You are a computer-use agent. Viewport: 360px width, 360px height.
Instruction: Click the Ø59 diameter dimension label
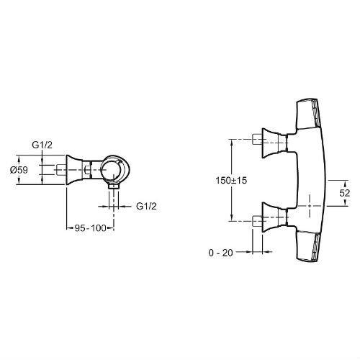pyautogui.click(x=19, y=170)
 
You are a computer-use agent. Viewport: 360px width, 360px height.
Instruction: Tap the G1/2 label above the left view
pyautogui.click(x=42, y=145)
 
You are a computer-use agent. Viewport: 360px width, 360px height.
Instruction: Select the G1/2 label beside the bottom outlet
pyautogui.click(x=146, y=206)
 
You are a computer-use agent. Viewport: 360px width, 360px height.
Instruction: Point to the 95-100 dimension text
pyautogui.click(x=90, y=228)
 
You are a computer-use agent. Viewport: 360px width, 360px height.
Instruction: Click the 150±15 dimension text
pyautogui.click(x=231, y=180)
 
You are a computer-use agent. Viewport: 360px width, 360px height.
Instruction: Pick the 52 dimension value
pyautogui.click(x=345, y=193)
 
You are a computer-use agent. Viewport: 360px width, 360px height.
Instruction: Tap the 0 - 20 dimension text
pyautogui.click(x=221, y=253)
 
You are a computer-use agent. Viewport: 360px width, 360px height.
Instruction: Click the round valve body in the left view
pyautogui.click(x=115, y=170)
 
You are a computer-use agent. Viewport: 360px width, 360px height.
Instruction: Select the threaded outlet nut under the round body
pyautogui.click(x=114, y=186)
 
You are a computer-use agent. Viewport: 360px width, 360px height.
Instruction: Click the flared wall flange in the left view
pyautogui.click(x=73, y=170)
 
